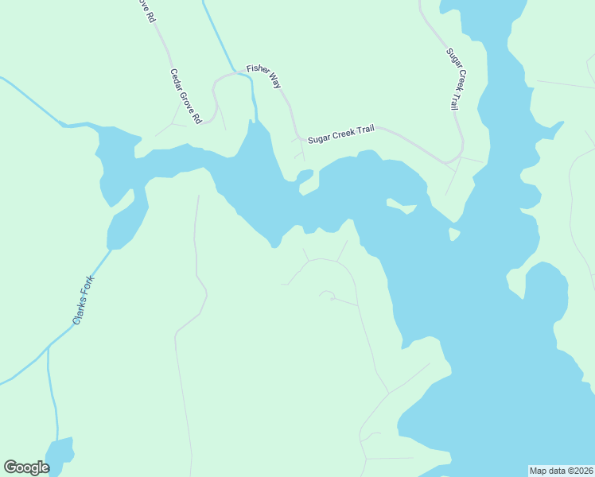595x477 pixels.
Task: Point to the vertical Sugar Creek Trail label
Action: [453, 79]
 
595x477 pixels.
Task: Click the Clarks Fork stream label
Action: [83, 300]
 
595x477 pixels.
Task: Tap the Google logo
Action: [26, 467]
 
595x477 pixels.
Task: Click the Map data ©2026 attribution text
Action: [561, 471]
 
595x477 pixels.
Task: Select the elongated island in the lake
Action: [401, 207]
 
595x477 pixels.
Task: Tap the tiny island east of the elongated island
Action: [454, 234]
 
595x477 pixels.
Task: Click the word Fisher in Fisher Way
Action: [257, 70]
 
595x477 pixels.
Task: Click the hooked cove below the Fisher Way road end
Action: [305, 178]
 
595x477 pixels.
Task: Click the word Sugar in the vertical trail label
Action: [449, 58]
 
